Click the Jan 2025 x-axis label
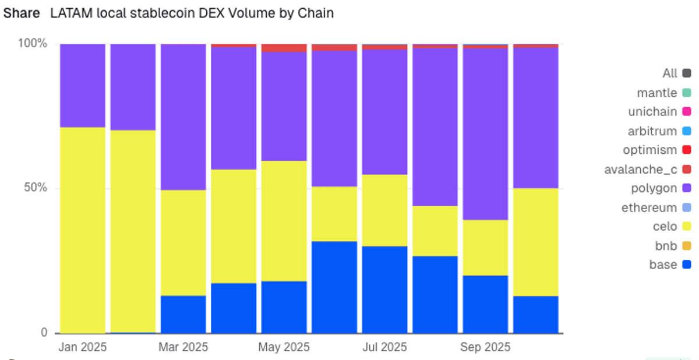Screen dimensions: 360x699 [x=83, y=347]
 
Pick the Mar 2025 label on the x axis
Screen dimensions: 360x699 [x=183, y=347]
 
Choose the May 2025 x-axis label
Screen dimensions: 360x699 [x=284, y=347]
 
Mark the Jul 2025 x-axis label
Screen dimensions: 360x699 [x=384, y=347]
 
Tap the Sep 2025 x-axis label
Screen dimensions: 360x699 [x=485, y=347]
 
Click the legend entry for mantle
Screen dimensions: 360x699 [x=657, y=93]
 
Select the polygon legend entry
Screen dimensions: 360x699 [x=654, y=188]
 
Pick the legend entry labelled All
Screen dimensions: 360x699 [x=670, y=73]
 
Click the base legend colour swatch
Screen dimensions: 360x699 [x=687, y=264]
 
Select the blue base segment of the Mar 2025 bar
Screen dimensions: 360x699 [x=183, y=315]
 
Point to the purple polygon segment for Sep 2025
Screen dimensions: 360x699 [x=485, y=134]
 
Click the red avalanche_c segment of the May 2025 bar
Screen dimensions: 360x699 [x=284, y=48]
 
